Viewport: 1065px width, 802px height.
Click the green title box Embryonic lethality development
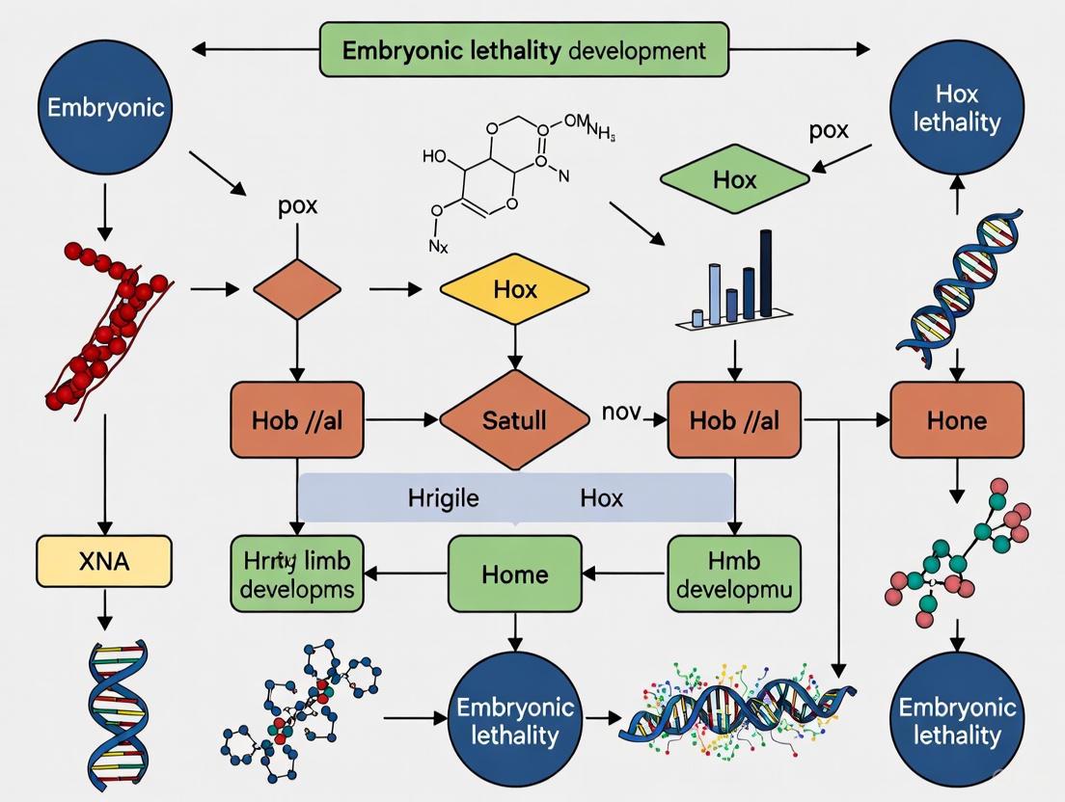[x=525, y=50]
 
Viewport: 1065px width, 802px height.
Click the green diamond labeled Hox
[x=734, y=179]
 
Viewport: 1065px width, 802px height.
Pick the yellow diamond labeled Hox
[x=513, y=289]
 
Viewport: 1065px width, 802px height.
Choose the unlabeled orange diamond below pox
[x=296, y=288]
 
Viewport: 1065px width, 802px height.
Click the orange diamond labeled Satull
[x=513, y=419]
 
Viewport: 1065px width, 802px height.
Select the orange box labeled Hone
[x=956, y=419]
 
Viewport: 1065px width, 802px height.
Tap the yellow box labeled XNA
[x=103, y=561]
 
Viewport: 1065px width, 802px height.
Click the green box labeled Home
[x=514, y=575]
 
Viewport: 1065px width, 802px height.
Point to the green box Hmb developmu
[x=733, y=575]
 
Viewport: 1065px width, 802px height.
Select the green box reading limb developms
[x=297, y=575]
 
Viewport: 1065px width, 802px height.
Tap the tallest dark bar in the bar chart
[x=766, y=273]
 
